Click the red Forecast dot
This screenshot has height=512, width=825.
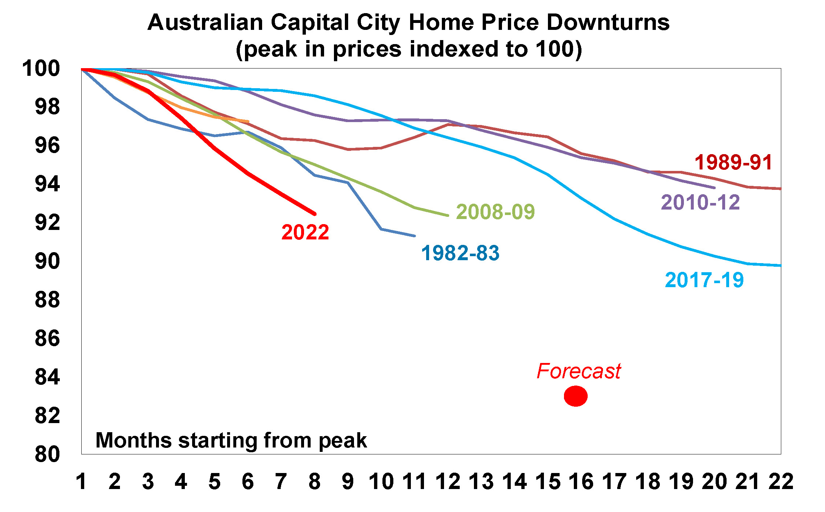(576, 396)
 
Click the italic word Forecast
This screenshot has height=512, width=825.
(579, 371)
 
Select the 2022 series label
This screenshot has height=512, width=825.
(305, 232)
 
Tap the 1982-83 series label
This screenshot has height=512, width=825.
(460, 253)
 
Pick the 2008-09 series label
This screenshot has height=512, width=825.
(495, 212)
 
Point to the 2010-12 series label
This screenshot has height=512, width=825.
(700, 202)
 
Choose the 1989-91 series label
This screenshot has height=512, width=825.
(733, 162)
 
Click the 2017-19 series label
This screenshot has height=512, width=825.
(704, 280)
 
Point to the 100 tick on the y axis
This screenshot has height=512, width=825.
(41, 69)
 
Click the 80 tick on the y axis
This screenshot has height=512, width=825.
(47, 454)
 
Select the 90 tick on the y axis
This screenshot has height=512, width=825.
(47, 261)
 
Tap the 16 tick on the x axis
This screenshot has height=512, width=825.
(581, 481)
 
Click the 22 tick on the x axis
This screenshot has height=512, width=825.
(781, 481)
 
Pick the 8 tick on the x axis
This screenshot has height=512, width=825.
(314, 481)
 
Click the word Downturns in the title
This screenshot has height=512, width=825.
(608, 23)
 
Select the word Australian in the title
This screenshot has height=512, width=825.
(205, 23)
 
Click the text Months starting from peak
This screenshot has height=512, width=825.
(231, 440)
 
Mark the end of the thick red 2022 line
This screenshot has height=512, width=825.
(315, 214)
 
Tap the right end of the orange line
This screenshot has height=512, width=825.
(248, 121)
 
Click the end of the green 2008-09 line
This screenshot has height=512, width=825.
(448, 215)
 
